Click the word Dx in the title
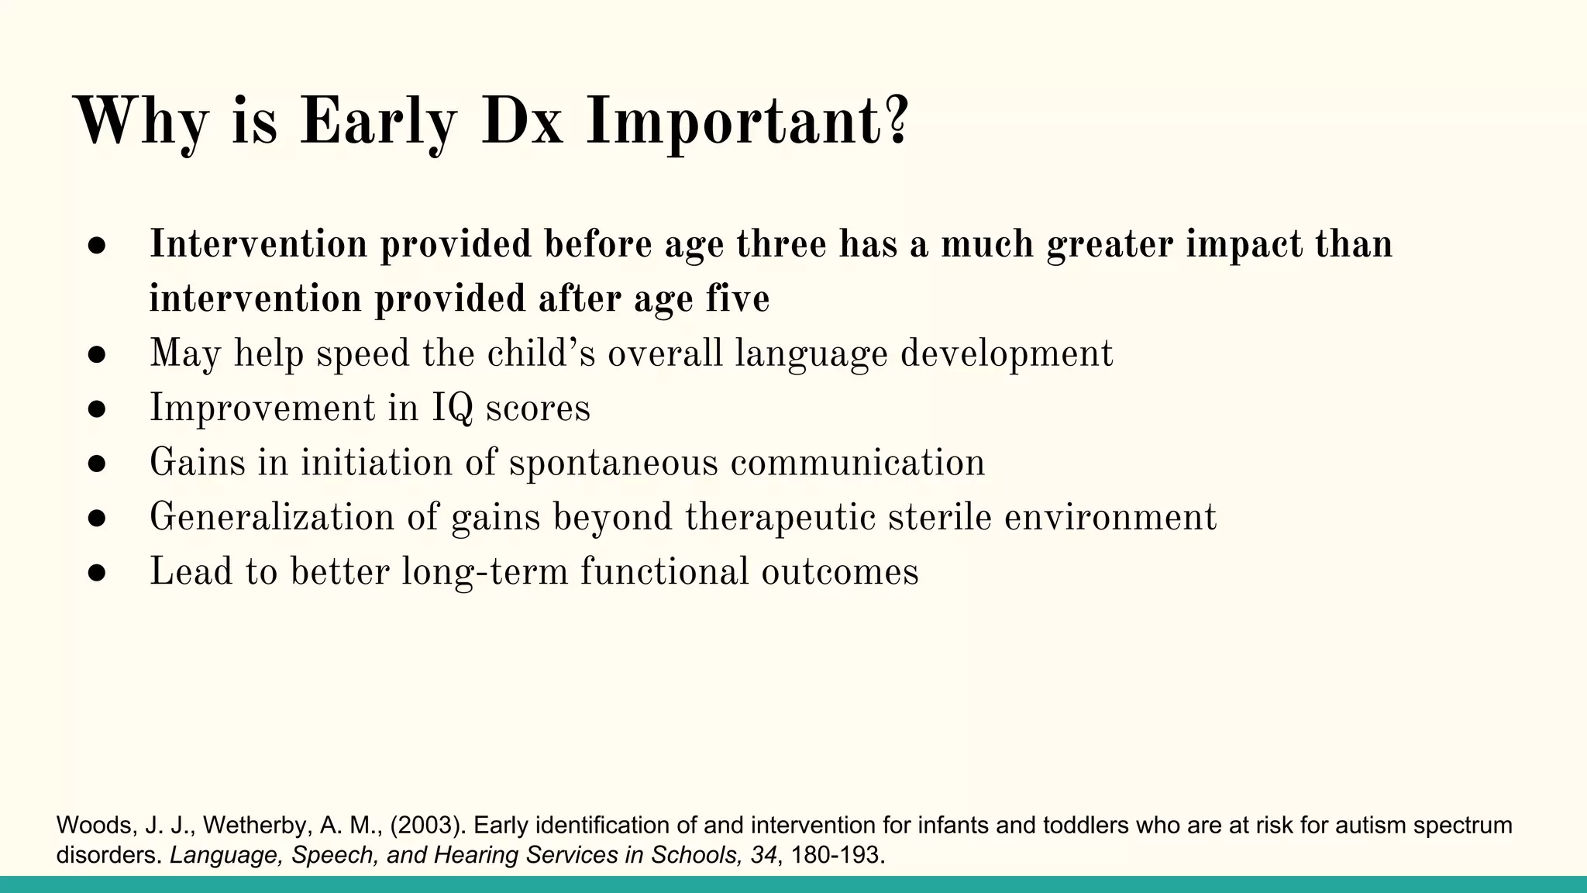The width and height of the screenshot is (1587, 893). coord(522,122)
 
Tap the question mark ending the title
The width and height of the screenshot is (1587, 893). coord(896,121)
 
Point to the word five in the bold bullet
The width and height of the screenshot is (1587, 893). coord(737,299)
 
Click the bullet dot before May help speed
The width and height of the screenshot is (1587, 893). coord(96,355)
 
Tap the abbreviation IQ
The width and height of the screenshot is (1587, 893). coord(452,409)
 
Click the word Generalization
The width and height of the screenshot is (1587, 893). coord(272,517)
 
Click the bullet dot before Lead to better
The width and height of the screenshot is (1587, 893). coord(96,573)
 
